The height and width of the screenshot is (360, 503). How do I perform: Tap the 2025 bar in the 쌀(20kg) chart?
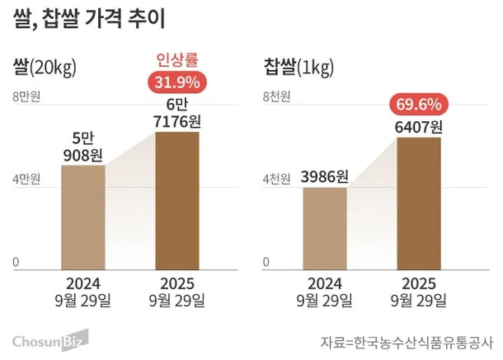(x=177, y=201)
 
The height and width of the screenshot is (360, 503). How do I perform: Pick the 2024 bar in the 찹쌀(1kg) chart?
(x=324, y=228)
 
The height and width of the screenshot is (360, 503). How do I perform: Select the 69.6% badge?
(x=419, y=105)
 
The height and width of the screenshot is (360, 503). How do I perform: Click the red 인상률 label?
(x=178, y=60)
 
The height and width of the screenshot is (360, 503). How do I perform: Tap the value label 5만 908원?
(x=82, y=146)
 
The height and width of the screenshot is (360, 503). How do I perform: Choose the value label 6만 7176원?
(x=177, y=114)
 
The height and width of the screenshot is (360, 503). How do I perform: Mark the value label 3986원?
(x=324, y=176)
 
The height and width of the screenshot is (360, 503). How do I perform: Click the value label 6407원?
(x=419, y=127)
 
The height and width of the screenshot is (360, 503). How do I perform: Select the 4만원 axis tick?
(x=26, y=178)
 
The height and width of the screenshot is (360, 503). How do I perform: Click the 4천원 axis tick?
(x=276, y=178)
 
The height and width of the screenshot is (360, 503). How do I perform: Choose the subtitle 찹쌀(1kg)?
(x=299, y=65)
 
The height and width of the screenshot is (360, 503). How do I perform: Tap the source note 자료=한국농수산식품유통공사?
(x=406, y=340)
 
